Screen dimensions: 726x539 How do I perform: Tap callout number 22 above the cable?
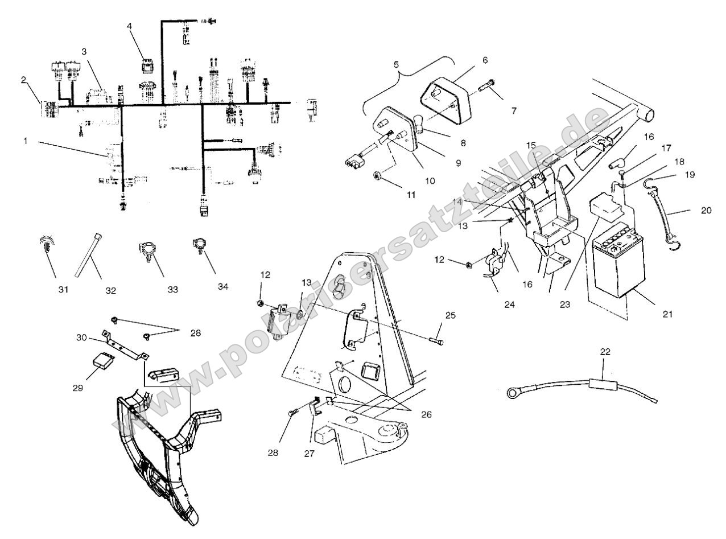605,352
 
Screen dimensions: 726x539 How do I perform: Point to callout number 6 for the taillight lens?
484,60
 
